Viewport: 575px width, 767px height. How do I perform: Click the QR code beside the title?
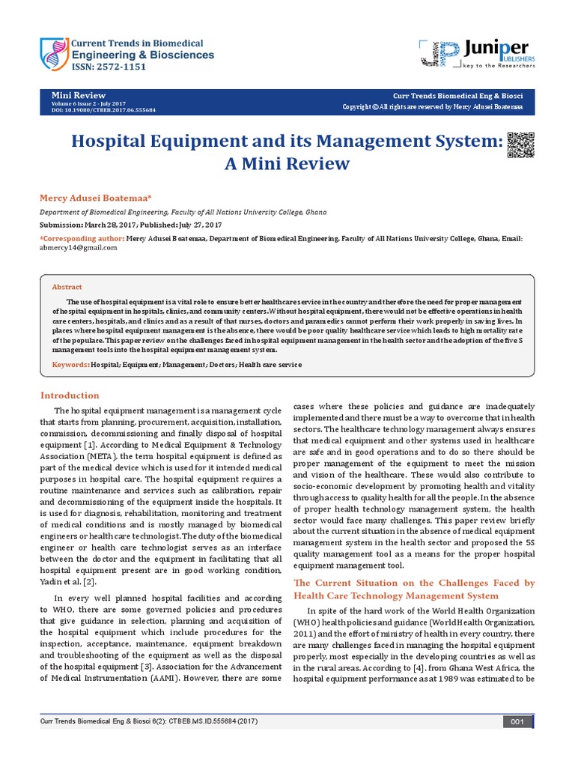point(520,145)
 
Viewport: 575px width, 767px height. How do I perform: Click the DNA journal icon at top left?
point(52,53)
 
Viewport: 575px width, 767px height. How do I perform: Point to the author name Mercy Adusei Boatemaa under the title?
point(95,197)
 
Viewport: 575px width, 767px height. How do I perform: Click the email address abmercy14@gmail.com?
point(78,248)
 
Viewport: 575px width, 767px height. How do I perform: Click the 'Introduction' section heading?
point(70,395)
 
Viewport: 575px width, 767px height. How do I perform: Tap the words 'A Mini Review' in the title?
point(287,163)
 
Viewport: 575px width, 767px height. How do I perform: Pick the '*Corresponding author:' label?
point(82,238)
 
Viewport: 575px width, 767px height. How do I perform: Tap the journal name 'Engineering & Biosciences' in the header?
point(142,55)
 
